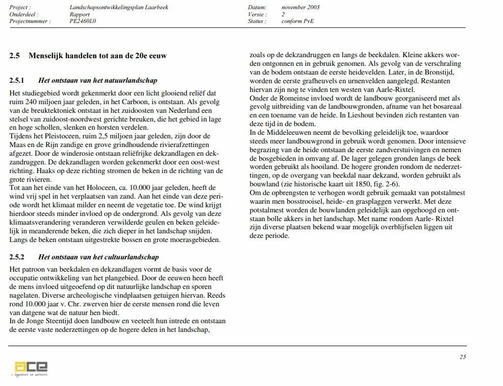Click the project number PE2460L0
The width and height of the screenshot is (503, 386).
83,21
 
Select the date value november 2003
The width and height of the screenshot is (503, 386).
300,8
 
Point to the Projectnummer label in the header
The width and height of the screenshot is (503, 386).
30,21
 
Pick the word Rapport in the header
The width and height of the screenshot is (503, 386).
80,15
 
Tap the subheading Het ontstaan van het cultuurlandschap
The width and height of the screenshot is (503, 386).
98,257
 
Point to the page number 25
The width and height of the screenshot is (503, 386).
462,357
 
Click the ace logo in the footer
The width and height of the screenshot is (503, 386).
31,368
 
